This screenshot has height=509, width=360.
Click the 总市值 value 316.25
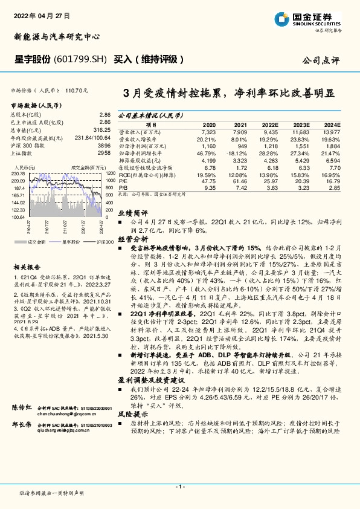point(102,129)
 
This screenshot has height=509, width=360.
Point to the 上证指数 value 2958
point(104,153)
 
